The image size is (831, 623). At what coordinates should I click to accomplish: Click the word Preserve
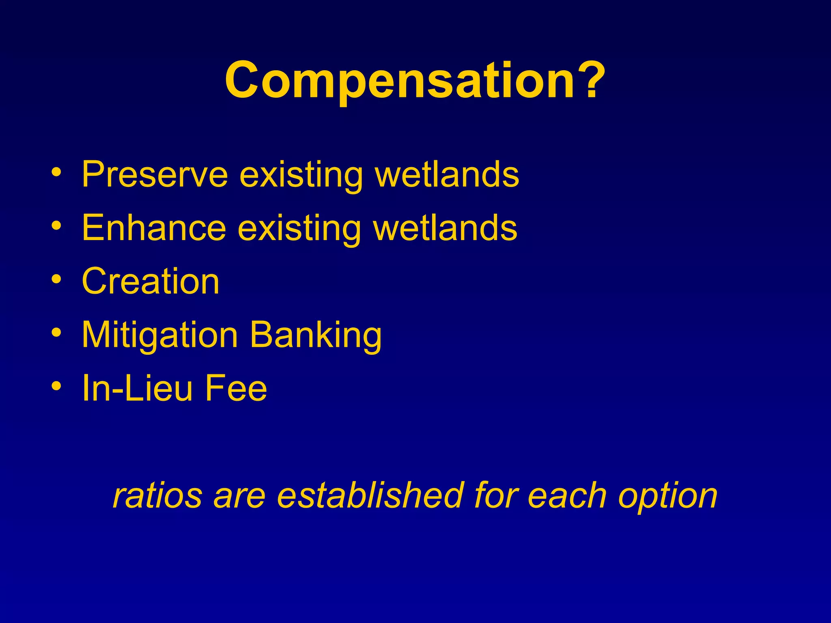(x=155, y=174)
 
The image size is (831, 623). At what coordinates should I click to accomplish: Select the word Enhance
(x=154, y=228)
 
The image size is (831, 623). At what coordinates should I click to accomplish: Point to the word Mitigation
(x=159, y=335)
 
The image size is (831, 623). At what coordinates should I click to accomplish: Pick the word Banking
(x=315, y=335)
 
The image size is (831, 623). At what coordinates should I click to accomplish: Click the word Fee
(x=236, y=388)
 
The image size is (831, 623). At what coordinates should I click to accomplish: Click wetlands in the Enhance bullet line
(x=445, y=228)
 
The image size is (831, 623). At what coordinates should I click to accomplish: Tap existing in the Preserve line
(x=301, y=174)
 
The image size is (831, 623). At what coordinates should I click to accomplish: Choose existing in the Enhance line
(x=299, y=228)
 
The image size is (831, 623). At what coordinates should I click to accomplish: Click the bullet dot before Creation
(x=57, y=279)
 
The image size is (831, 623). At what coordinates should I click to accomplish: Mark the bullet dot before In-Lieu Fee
(x=57, y=386)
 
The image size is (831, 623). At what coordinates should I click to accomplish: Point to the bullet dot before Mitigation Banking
(x=57, y=333)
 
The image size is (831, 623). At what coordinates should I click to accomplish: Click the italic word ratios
(x=157, y=496)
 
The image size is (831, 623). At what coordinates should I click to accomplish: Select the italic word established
(x=370, y=496)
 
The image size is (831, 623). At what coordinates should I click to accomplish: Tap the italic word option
(x=668, y=496)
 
